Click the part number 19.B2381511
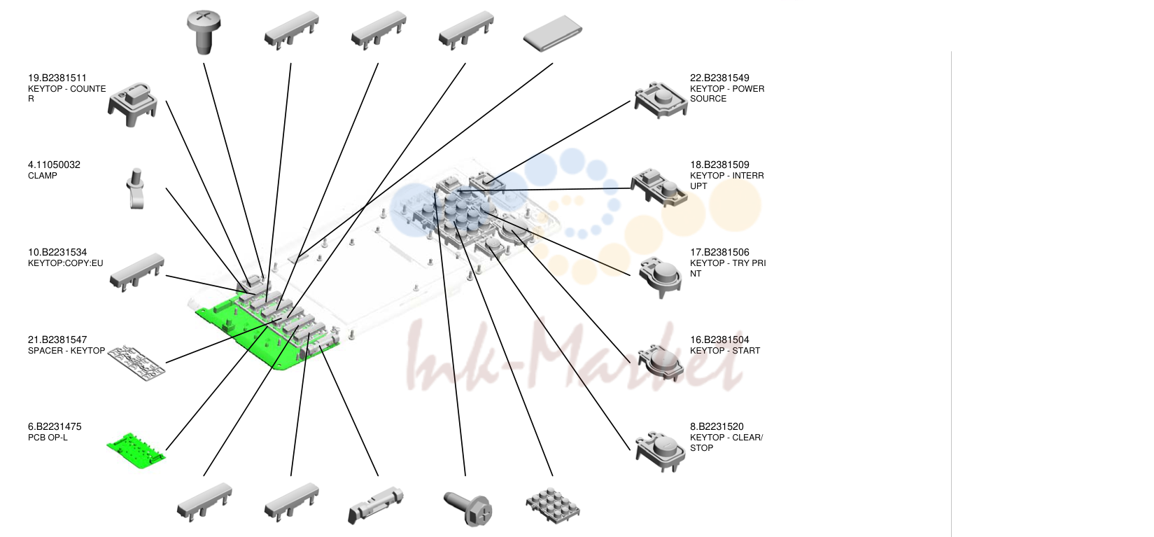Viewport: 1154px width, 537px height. pos(57,78)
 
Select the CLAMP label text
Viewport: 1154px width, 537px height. pos(42,176)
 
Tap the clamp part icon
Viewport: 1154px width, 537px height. pos(136,188)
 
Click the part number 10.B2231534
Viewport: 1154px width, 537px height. pos(57,253)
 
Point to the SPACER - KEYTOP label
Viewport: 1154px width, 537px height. pos(66,351)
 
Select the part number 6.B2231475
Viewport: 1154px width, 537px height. pos(55,426)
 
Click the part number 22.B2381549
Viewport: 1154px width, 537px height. pos(719,78)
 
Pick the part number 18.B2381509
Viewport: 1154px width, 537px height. pos(719,165)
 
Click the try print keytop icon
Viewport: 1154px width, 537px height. pos(661,277)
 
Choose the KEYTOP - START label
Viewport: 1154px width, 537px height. pos(726,351)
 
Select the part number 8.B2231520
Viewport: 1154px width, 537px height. pos(717,426)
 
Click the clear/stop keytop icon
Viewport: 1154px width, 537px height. pos(661,452)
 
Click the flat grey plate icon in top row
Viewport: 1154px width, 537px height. pos(553,34)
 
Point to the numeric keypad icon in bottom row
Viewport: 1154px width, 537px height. pos(553,505)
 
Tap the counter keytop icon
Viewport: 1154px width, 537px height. pos(132,104)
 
